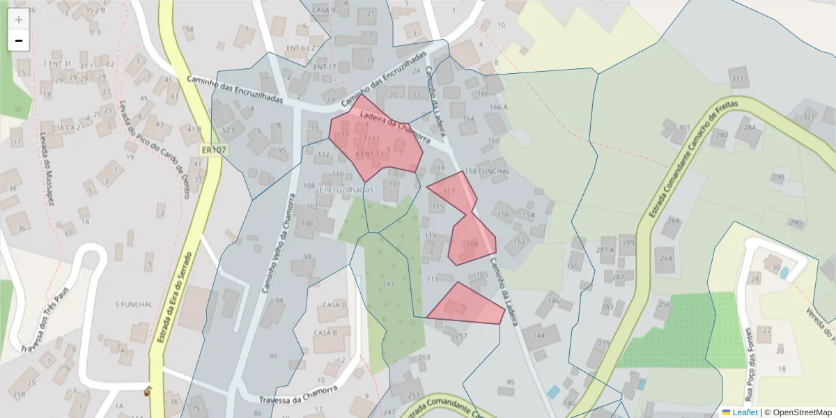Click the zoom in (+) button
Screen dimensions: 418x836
pos(19,20)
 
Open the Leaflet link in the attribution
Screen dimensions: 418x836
pos(745,412)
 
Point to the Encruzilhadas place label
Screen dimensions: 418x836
pos(346,189)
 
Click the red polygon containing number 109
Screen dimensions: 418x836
pos(472,241)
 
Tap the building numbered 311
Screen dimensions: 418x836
pos(738,78)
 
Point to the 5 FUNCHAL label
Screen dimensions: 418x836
pos(133,304)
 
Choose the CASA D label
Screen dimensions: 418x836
pos(334,305)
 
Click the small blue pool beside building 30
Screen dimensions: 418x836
pos(784,272)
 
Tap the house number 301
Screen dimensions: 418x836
pos(684,127)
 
